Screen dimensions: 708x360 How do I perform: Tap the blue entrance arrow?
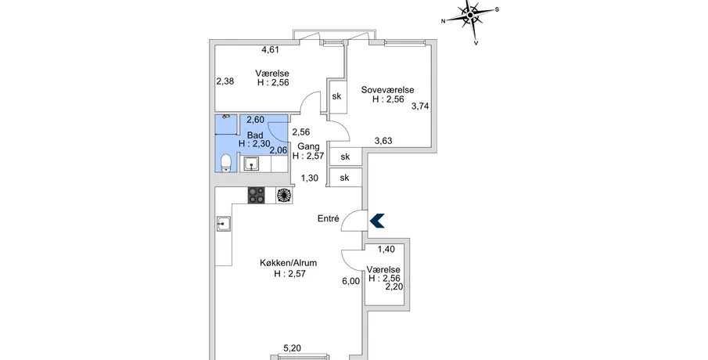pyautogui.click(x=377, y=221)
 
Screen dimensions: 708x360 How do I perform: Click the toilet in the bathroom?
pyautogui.click(x=226, y=163)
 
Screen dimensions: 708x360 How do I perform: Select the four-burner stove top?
pyautogui.click(x=256, y=195)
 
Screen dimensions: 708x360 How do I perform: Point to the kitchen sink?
pyautogui.click(x=224, y=223)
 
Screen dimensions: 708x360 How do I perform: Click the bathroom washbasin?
pyautogui.click(x=251, y=164)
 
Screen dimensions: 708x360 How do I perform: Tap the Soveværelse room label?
pyautogui.click(x=387, y=90)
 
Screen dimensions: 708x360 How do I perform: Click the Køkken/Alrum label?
pyautogui.click(x=288, y=262)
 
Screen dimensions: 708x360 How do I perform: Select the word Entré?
pyautogui.click(x=329, y=218)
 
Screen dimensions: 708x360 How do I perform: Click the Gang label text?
pyautogui.click(x=309, y=146)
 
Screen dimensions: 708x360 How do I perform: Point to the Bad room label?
pyautogui.click(x=255, y=135)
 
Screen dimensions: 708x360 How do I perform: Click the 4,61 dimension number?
pyautogui.click(x=271, y=49)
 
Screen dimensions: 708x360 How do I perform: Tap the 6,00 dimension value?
pyautogui.click(x=351, y=281)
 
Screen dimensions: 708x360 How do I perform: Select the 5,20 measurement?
pyautogui.click(x=292, y=348)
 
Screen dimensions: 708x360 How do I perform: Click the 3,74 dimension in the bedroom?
pyautogui.click(x=420, y=106)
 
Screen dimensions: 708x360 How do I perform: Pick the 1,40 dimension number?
pyautogui.click(x=386, y=249)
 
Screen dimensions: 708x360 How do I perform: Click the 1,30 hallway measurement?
pyautogui.click(x=309, y=178)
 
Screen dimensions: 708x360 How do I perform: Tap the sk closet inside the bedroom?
pyautogui.click(x=337, y=96)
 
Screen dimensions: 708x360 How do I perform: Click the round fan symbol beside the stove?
pyautogui.click(x=284, y=195)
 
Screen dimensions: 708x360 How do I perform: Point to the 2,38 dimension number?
pyautogui.click(x=225, y=81)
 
